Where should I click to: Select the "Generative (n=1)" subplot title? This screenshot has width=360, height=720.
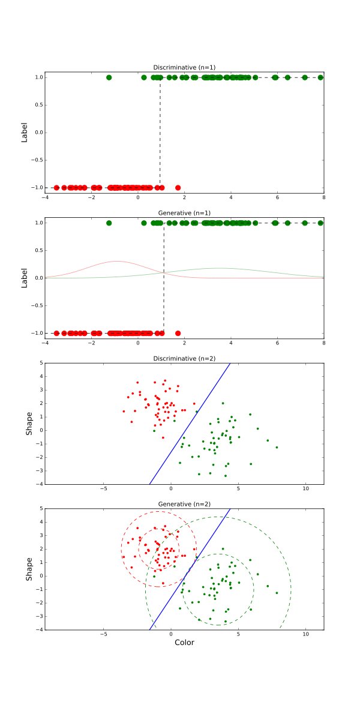184,212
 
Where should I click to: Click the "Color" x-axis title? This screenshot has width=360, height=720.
184,642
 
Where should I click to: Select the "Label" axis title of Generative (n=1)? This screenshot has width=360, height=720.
25,278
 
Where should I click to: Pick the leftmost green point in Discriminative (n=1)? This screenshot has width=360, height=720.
109,77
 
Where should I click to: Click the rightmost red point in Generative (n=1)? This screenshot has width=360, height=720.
178,333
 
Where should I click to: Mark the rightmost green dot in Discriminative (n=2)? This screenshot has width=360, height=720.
277,448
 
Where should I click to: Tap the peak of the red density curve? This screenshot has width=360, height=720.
116,262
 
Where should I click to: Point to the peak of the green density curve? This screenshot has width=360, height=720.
221,268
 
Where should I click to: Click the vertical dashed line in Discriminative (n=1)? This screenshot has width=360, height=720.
160,132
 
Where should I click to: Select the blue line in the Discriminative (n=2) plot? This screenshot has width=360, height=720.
189,424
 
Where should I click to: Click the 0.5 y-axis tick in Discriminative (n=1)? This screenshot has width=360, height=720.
37,105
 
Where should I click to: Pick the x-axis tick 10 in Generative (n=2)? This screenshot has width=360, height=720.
305,634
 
